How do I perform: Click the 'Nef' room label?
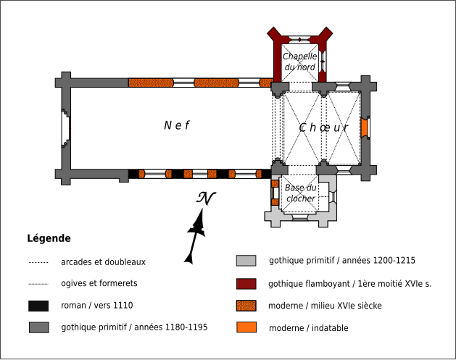(176, 125)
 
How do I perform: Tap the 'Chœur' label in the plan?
(324, 128)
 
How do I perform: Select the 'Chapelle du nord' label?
(299, 62)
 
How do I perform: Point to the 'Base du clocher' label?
(300, 193)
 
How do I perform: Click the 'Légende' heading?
(49, 238)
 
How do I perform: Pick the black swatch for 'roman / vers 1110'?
(38, 306)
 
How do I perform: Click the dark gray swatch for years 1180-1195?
(38, 327)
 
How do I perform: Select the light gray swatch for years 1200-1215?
(246, 261)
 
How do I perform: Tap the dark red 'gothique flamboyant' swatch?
(246, 284)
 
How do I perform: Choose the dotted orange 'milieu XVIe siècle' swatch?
(246, 306)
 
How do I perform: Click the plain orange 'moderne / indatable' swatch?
(246, 328)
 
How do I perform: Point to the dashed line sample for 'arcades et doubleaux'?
(38, 262)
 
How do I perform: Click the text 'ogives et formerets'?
(99, 284)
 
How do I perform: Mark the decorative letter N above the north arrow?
(207, 198)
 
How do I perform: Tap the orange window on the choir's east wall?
(364, 127)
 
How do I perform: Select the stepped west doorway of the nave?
(66, 128)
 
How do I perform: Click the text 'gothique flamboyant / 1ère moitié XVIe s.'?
(349, 284)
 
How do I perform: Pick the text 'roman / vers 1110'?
(97, 306)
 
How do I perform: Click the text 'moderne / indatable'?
(308, 328)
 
